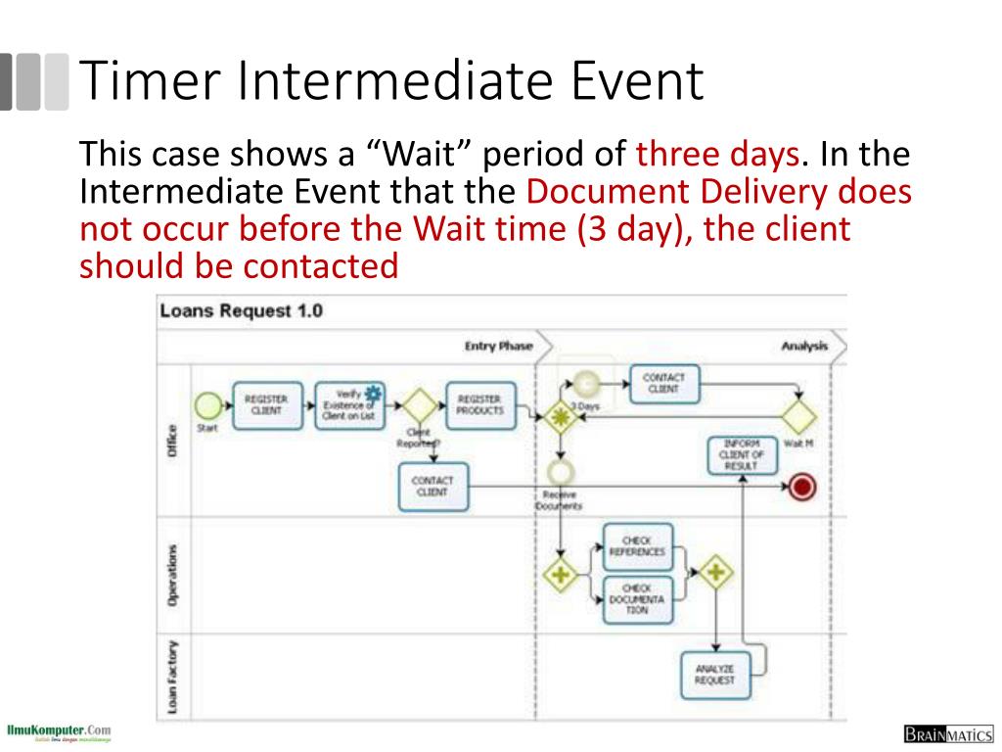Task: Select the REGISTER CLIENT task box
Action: [266, 405]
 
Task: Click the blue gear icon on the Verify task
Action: [374, 393]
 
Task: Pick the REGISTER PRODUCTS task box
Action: [479, 405]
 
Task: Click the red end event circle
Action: [802, 487]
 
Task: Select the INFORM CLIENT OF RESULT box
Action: [742, 454]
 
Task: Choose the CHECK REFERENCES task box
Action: [637, 546]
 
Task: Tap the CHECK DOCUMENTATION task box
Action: [637, 598]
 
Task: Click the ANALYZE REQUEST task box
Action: [714, 675]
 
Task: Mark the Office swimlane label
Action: [173, 441]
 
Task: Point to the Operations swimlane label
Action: [173, 574]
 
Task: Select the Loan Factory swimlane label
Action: [173, 677]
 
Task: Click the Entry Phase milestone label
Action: [498, 346]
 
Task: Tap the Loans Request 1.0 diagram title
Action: [241, 311]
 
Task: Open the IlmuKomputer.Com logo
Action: [58, 732]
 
